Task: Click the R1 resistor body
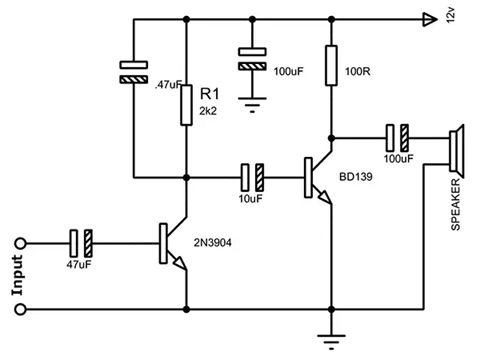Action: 186,103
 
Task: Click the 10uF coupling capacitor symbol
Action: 252,178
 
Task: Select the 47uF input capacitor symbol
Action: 81,242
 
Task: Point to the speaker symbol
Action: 456,150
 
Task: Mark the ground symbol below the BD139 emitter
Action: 330,337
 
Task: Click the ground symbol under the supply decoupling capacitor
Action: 251,100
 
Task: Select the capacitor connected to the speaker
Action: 398,135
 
